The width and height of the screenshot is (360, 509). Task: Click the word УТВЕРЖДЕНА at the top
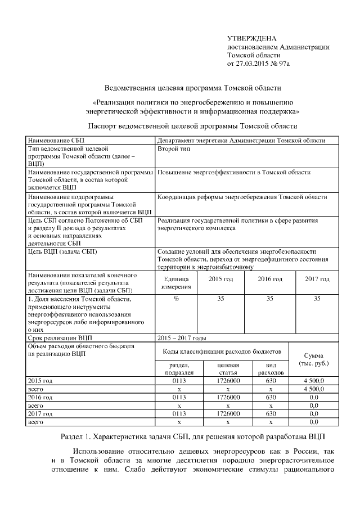(251, 39)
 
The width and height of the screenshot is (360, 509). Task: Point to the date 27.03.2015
(254, 64)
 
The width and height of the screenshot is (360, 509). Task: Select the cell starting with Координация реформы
(242, 197)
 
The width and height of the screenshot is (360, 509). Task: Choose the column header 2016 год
(269, 279)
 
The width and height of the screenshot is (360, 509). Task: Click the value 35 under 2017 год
(317, 299)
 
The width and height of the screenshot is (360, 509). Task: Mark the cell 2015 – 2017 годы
(182, 338)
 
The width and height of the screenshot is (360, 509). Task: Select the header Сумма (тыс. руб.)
(317, 360)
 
